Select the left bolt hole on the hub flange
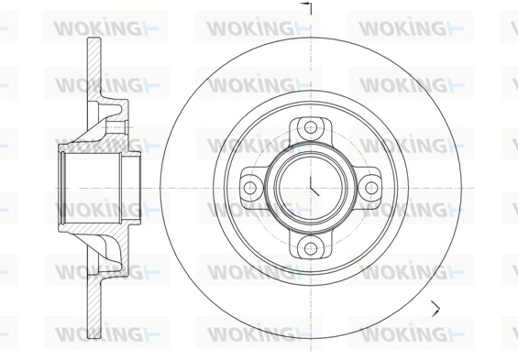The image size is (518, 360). coord(249,187)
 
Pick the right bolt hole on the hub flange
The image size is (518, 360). coord(370,187)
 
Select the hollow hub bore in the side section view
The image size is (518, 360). coord(92,187)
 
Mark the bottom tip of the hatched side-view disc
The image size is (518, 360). coord(93,332)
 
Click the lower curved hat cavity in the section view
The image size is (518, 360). coord(114,262)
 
